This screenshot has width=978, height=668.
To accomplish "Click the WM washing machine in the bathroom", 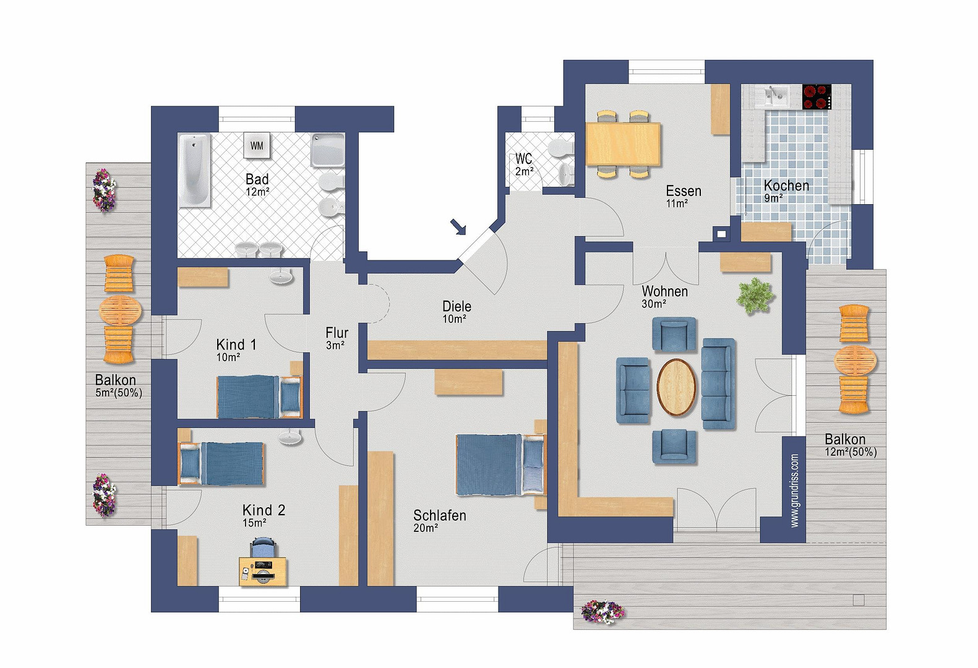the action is pyautogui.click(x=257, y=145).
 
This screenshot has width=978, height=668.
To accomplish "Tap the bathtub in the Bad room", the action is pyautogui.click(x=194, y=170).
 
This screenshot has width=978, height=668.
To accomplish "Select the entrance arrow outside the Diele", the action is pyautogui.click(x=458, y=227).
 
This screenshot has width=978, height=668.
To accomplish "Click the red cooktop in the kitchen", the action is pyautogui.click(x=817, y=96).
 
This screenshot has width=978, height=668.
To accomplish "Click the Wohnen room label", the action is pyautogui.click(x=664, y=291).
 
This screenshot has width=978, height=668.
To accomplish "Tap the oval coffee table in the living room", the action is pyautogui.click(x=676, y=387).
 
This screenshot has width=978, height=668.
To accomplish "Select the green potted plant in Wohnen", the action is pyautogui.click(x=755, y=297).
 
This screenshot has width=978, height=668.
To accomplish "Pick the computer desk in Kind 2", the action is pyautogui.click(x=263, y=571).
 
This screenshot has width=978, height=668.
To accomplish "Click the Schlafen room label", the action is pyautogui.click(x=440, y=516).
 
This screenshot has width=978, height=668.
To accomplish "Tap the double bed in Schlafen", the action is pyautogui.click(x=501, y=465).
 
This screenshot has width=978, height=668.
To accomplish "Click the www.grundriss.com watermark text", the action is pyautogui.click(x=794, y=490).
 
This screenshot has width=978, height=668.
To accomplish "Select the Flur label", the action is pyautogui.click(x=337, y=333).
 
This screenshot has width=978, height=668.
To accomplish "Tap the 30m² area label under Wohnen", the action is pyautogui.click(x=654, y=304).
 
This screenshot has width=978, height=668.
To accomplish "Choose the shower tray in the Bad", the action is pyautogui.click(x=327, y=150).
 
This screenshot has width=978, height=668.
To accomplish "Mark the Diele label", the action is pyautogui.click(x=457, y=306).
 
